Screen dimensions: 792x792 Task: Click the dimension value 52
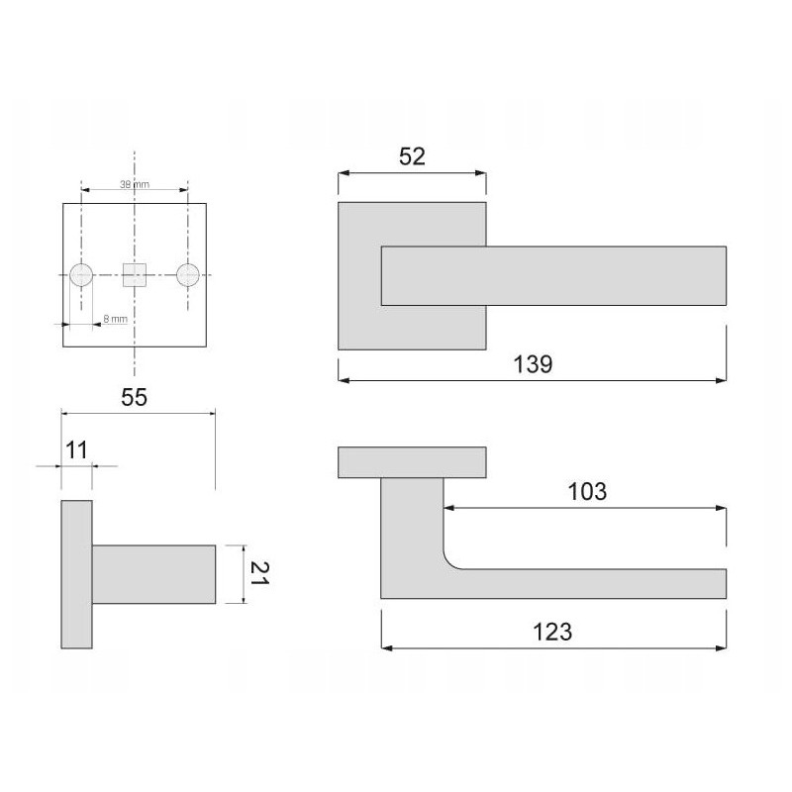coord(412,156)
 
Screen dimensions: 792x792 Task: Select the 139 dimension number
coord(533,364)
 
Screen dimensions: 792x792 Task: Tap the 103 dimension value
coord(587,491)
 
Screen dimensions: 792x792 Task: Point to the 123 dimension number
coord(552,632)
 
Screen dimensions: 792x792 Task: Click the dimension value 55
coord(134,398)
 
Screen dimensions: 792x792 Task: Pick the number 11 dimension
coord(77,450)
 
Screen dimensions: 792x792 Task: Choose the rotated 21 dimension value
coord(259,573)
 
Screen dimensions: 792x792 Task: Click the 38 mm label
coord(135,184)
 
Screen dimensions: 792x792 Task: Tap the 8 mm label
coord(115,319)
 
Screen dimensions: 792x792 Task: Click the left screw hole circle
coord(81,275)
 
